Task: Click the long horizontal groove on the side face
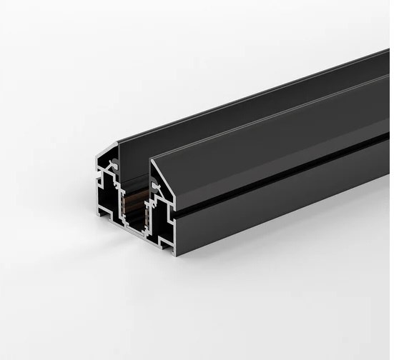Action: coord(286,173)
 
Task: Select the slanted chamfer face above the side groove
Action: coord(272,146)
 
